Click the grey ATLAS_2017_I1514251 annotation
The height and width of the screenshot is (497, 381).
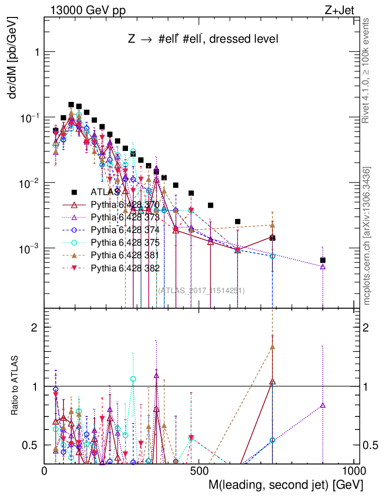pyautogui.click(x=201, y=291)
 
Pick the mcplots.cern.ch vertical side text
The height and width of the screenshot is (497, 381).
pyautogui.click(x=367, y=236)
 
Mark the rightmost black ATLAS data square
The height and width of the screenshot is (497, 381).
pyautogui.click(x=323, y=260)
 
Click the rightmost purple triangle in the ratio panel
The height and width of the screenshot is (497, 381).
pyautogui.click(x=323, y=405)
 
